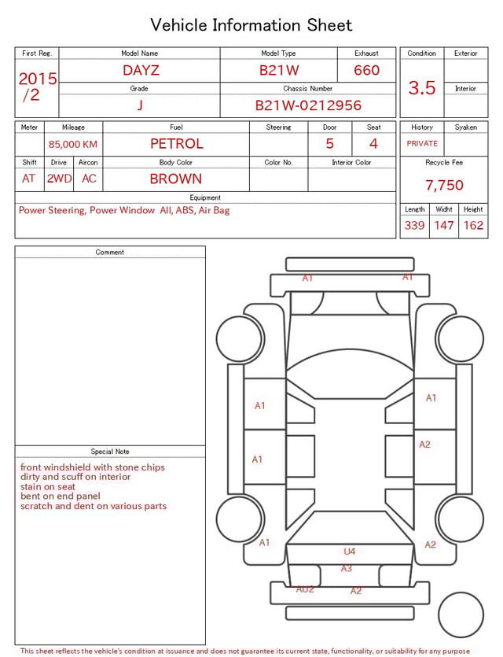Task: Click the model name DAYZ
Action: click(x=141, y=70)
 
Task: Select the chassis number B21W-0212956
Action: click(x=308, y=105)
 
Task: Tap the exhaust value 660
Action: click(x=366, y=70)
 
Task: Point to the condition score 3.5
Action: click(x=421, y=88)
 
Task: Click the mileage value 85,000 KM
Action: click(x=73, y=145)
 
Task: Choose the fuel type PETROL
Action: click(x=176, y=144)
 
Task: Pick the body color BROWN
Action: click(x=176, y=179)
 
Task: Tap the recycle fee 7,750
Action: click(x=444, y=185)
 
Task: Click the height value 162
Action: click(x=473, y=225)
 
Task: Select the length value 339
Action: click(x=414, y=225)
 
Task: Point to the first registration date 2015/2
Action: click(x=37, y=87)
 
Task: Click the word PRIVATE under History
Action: click(x=422, y=144)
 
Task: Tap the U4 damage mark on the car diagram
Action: click(x=350, y=552)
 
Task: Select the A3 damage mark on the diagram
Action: click(x=347, y=568)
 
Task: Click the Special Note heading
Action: click(x=110, y=452)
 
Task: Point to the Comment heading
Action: click(x=110, y=253)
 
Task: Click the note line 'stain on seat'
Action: click(x=49, y=487)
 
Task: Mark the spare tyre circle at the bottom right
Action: click(x=461, y=615)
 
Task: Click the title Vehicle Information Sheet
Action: click(x=251, y=25)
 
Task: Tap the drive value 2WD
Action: click(x=59, y=179)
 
